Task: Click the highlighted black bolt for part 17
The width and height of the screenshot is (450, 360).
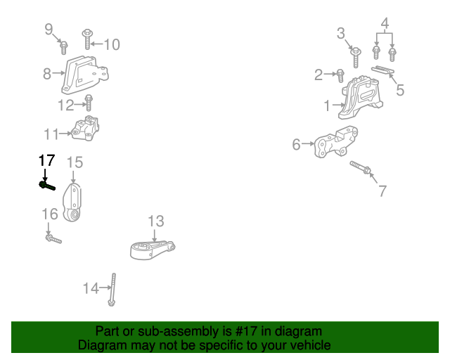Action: [x=48, y=186]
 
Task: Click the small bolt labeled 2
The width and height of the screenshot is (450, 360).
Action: [x=340, y=73]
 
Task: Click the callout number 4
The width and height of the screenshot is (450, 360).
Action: [x=385, y=24]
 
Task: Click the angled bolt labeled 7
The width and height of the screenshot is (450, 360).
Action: [x=361, y=169]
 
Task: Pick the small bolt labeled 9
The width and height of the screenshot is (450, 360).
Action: [x=63, y=47]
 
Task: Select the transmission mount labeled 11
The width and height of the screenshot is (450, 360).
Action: [x=86, y=129]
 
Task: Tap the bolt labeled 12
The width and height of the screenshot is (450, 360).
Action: [x=89, y=103]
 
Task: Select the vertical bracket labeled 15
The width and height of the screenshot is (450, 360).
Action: [x=74, y=202]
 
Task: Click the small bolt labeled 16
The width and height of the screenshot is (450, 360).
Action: [x=53, y=240]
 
